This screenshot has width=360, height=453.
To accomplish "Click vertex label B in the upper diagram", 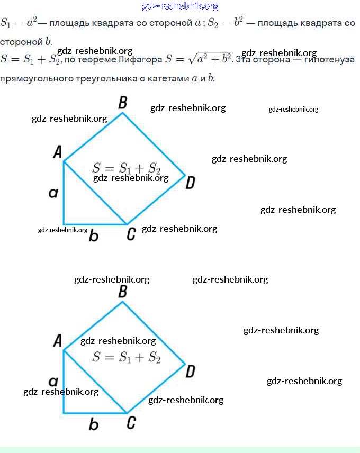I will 123,102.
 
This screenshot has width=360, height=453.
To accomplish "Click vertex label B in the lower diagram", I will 123,291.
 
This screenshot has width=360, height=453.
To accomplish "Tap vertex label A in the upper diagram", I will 58,152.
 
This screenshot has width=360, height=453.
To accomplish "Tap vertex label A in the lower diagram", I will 58,341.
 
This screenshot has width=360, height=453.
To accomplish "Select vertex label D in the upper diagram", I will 191,183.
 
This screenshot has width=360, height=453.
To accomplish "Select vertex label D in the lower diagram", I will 191,372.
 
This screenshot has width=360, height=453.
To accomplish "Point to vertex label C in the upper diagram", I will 131,233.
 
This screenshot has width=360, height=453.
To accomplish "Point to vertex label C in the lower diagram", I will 131,422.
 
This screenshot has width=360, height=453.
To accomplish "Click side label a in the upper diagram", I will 53,193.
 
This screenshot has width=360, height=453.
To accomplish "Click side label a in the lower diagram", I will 53,382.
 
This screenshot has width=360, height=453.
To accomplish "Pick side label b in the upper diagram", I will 94,235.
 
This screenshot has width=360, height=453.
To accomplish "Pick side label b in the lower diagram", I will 94,424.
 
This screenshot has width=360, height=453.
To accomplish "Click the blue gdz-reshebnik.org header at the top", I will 180,6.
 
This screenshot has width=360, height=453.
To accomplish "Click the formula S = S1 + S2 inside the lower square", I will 126,357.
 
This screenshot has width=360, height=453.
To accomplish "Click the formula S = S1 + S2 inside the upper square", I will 126,168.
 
